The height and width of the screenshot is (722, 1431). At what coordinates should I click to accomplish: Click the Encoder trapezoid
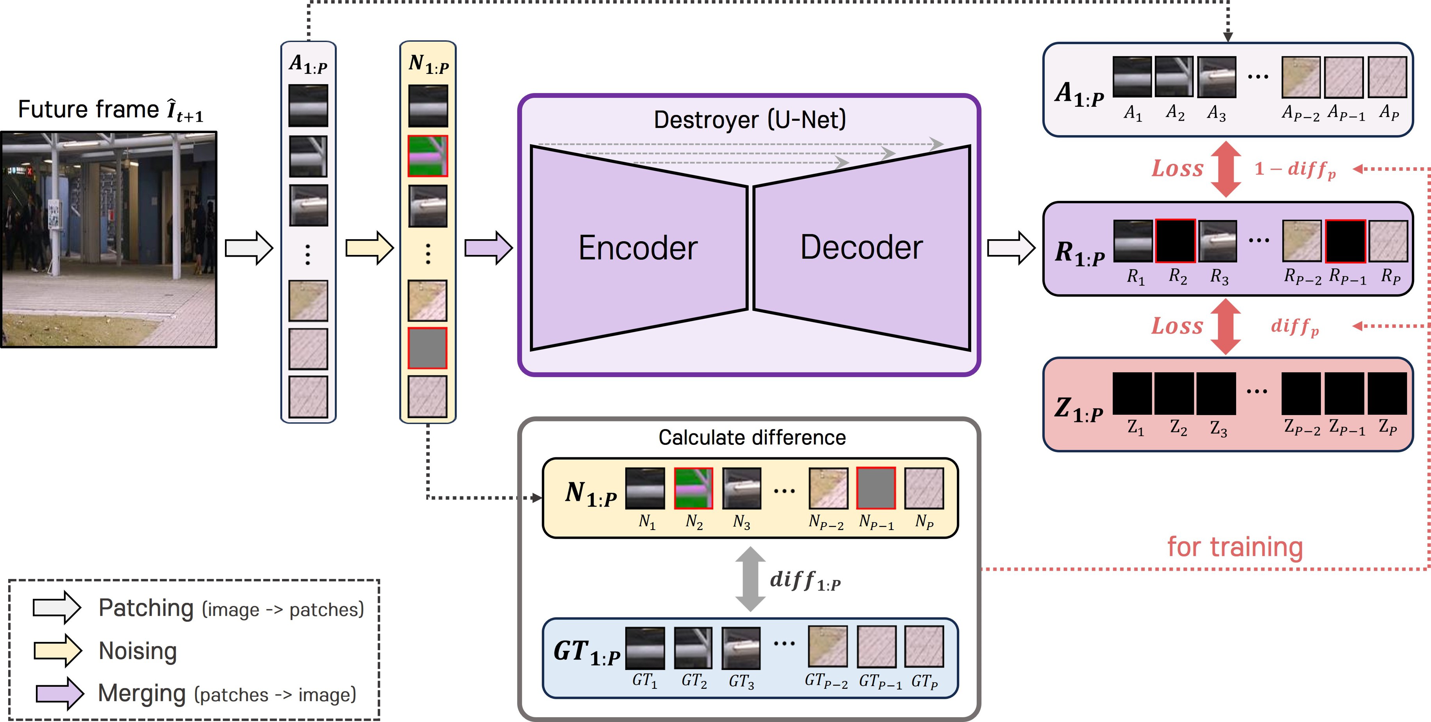[x=639, y=247]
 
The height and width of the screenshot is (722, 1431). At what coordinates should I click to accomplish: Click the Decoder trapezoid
[x=861, y=247]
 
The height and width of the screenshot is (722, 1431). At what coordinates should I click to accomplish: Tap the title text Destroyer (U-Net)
[x=749, y=120]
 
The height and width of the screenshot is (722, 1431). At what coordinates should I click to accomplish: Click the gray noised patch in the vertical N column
[x=428, y=348]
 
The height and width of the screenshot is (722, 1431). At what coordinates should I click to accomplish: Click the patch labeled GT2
[x=693, y=647]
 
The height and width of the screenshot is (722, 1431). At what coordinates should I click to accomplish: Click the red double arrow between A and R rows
[x=1226, y=169]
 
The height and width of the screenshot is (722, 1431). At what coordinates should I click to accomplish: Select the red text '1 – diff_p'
[x=1294, y=169]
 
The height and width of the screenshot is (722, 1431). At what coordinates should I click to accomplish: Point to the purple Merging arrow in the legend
[x=59, y=693]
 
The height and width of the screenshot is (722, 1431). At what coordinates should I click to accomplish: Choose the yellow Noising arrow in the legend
[x=58, y=650]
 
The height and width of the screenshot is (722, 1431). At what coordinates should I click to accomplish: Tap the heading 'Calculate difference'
[x=751, y=437]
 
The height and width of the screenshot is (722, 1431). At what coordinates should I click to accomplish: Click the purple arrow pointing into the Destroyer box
[x=488, y=248]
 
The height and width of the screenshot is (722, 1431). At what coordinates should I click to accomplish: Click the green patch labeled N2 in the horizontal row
[x=693, y=488]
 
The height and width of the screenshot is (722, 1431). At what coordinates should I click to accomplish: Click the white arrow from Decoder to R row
[x=1011, y=248]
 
